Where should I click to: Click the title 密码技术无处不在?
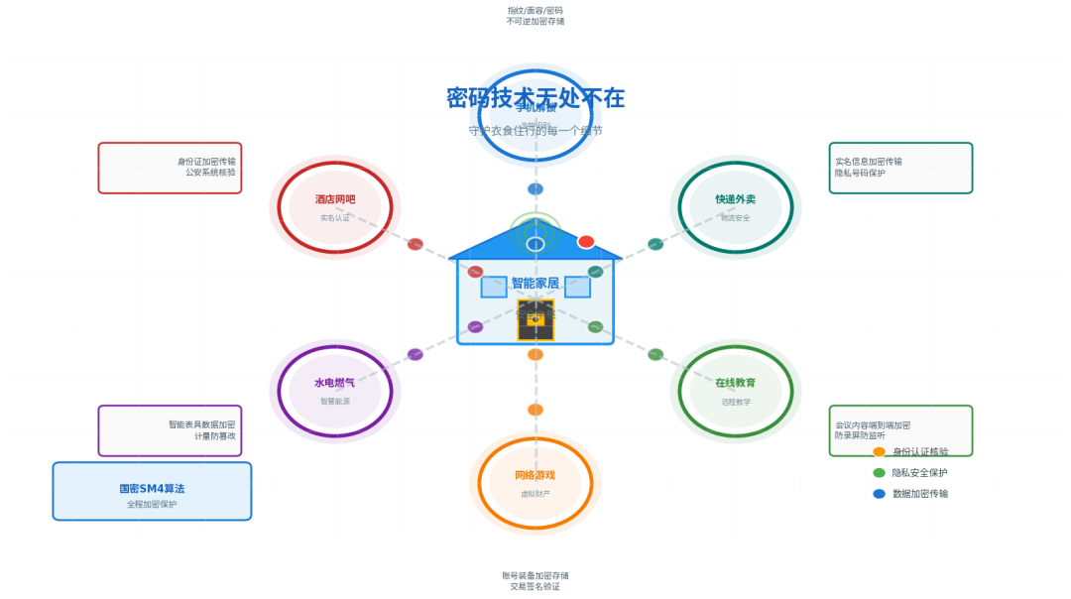[x=535, y=98]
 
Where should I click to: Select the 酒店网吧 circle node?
[x=335, y=206]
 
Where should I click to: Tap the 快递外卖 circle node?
[x=736, y=206]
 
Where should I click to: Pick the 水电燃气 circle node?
[x=335, y=390]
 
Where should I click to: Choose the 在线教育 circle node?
[x=736, y=390]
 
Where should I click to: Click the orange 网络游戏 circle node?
[x=535, y=483]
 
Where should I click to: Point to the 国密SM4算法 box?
[x=152, y=491]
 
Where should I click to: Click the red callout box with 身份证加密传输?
[x=170, y=168]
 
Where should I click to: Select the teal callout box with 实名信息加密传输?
[x=900, y=168]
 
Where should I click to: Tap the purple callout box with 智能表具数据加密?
[x=170, y=430]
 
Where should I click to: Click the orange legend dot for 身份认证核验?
[x=879, y=451]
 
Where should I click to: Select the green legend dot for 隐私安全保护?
[x=879, y=472]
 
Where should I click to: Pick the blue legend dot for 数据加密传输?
[x=879, y=493]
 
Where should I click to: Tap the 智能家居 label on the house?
[x=535, y=283]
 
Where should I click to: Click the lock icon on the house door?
[x=535, y=320]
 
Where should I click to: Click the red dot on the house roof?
[x=586, y=241]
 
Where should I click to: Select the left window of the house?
[x=494, y=288]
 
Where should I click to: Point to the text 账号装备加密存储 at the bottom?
[x=535, y=575]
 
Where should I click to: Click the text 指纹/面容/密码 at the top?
[x=535, y=10]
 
